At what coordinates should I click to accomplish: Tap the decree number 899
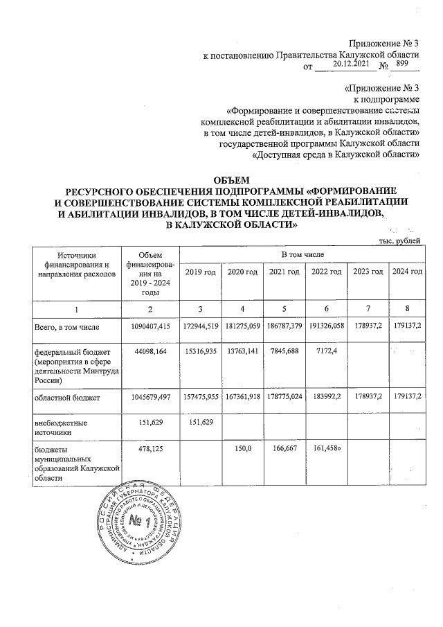(x=400, y=63)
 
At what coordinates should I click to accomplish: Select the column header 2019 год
(x=200, y=272)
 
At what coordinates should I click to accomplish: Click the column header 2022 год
(x=325, y=272)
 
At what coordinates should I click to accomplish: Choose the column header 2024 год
(x=407, y=272)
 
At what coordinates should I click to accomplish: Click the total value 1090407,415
(x=144, y=325)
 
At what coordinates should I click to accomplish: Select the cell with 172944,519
(x=200, y=325)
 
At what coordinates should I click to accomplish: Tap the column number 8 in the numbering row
(x=407, y=306)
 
